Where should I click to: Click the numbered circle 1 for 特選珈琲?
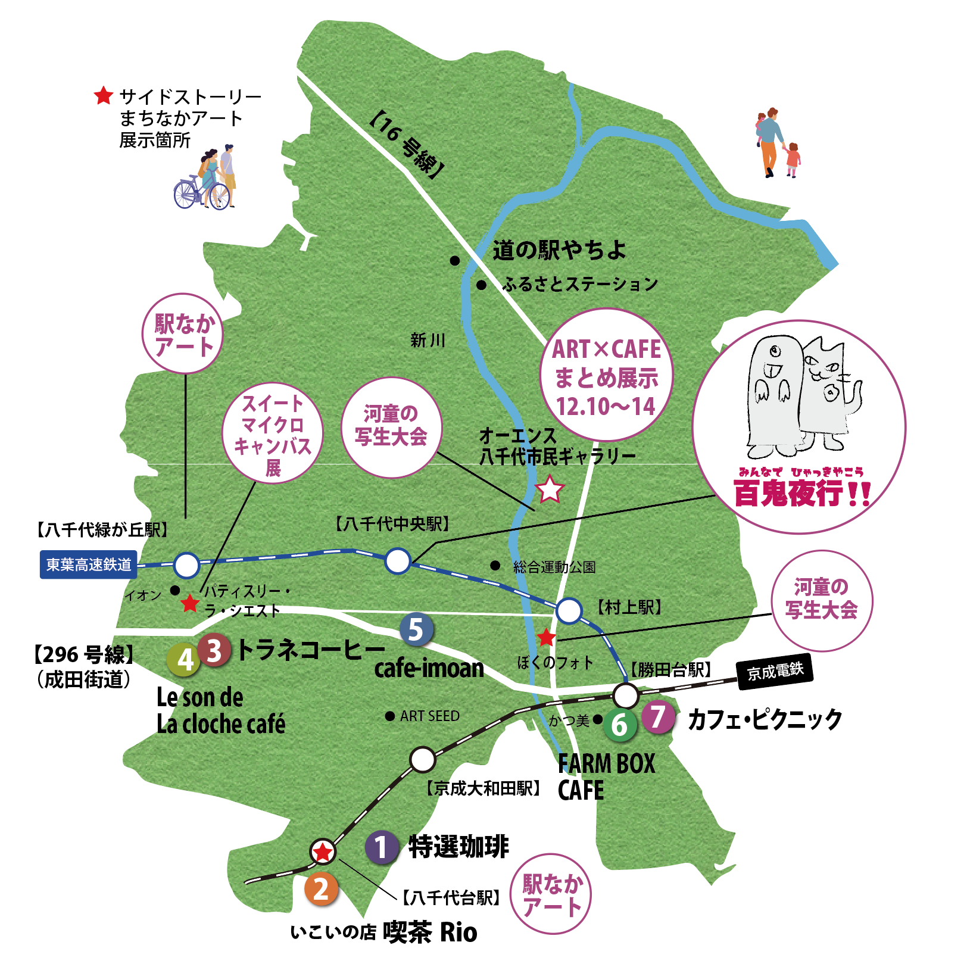tap(382, 847)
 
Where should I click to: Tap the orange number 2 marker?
tap(321, 889)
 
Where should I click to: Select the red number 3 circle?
tap(214, 650)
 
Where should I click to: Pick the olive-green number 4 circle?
tap(185, 660)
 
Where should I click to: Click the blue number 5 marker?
tap(416, 629)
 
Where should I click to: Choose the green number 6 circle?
tap(620, 725)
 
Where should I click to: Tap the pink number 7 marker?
tap(658, 717)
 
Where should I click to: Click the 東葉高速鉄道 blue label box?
tap(89, 564)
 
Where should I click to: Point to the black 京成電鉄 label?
tap(775, 672)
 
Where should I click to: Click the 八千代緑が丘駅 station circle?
tap(186, 565)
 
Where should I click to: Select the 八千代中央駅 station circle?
tap(398, 560)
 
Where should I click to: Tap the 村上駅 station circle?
tap(569, 611)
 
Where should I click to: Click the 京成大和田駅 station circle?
tap(423, 759)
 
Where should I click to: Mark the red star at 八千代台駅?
tap(323, 852)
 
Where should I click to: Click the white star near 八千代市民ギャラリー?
tap(549, 489)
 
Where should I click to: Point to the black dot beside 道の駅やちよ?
tap(454, 260)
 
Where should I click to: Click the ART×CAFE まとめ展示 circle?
tap(606, 375)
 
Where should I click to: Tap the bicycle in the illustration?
tap(201, 192)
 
